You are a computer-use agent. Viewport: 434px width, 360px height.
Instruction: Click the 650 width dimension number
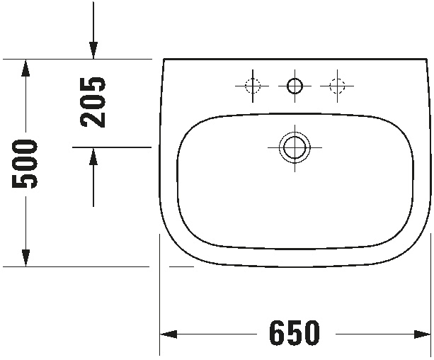coord(295,333)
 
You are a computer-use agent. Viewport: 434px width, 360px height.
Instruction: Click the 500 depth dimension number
coord(24,164)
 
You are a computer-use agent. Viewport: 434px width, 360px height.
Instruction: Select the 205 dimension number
coord(93,102)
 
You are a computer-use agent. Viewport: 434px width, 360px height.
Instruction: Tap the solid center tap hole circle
coord(295,86)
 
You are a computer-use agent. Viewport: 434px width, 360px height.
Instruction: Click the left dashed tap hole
coord(253,86)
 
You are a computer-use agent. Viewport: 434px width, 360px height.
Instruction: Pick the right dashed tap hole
coord(337,86)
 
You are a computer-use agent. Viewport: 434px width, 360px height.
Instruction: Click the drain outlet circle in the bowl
coord(295,147)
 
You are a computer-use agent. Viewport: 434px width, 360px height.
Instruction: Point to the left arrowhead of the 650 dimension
coord(169,334)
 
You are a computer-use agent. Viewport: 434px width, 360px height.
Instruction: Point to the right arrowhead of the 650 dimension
coord(422,334)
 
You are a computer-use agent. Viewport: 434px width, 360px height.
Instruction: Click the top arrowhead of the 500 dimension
coord(25,68)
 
